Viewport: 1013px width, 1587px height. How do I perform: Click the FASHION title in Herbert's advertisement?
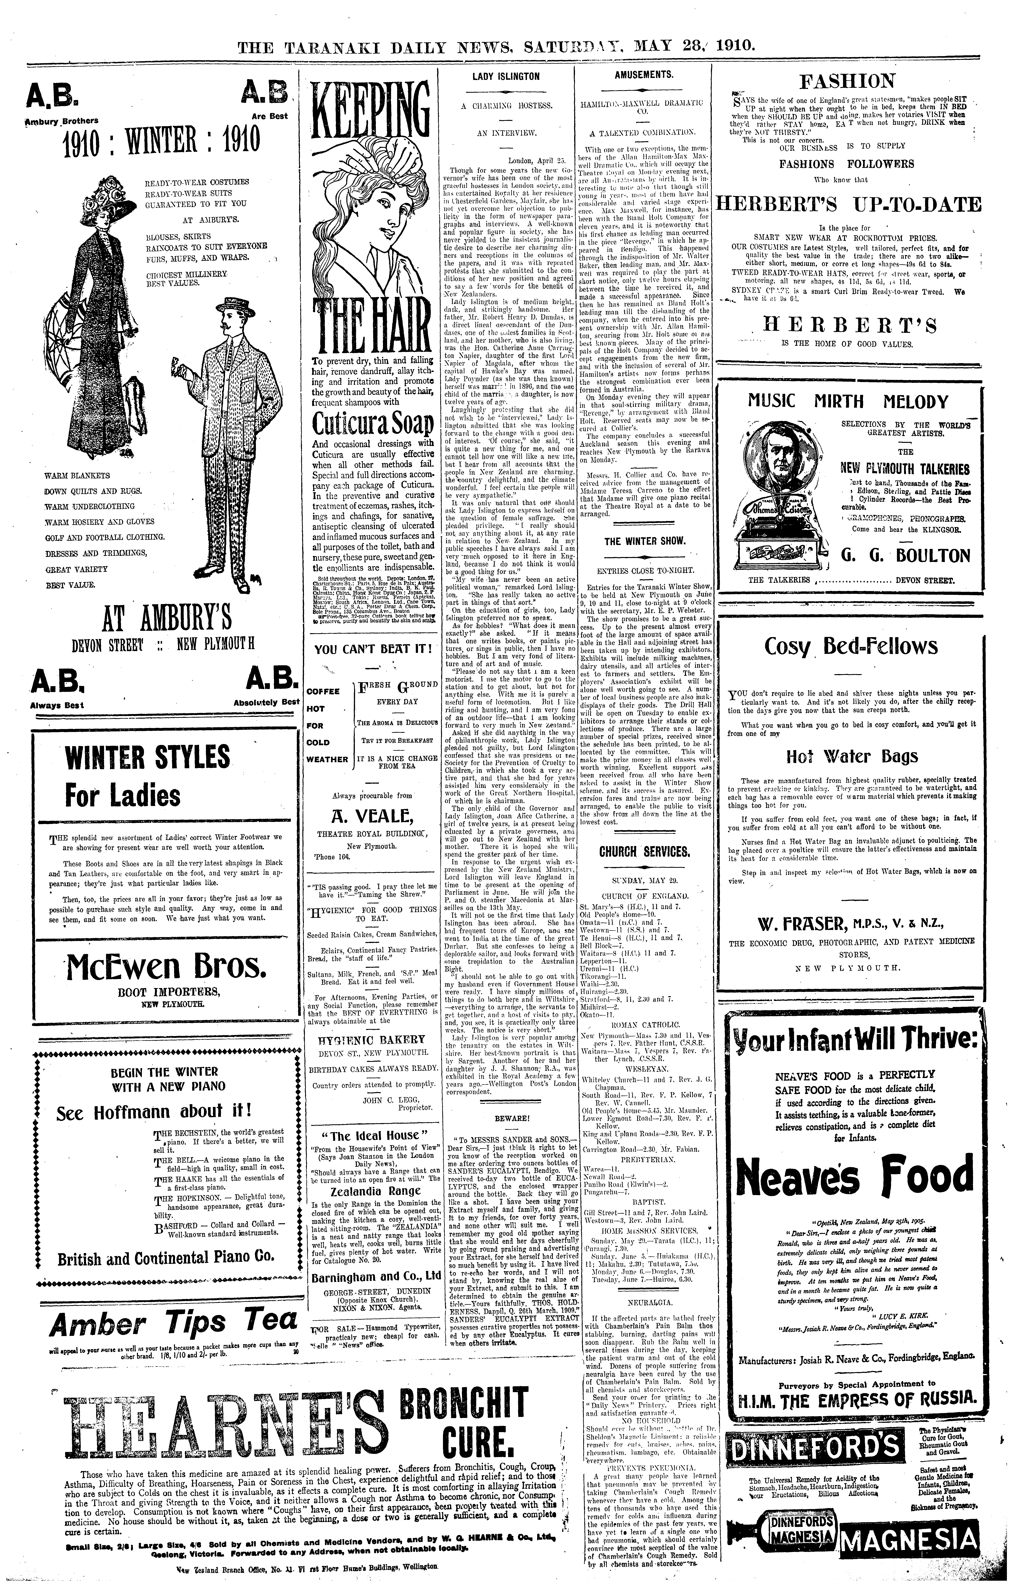847,82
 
